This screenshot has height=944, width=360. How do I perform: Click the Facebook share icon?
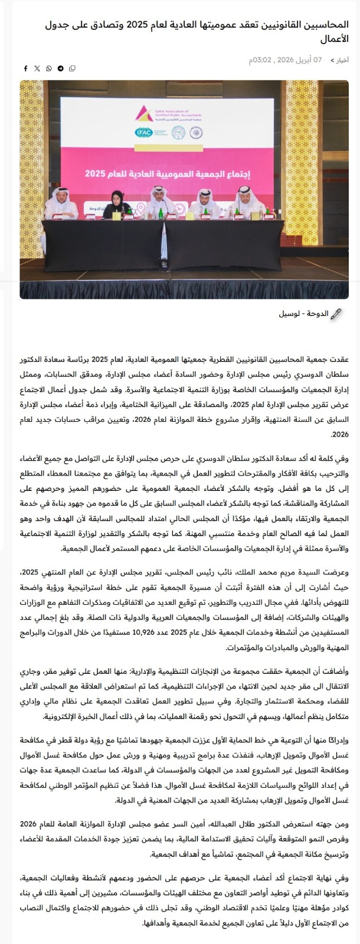25,68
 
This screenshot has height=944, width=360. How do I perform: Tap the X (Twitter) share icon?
37,68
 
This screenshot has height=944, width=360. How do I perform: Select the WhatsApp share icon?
49,68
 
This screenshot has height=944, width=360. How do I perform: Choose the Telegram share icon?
60,68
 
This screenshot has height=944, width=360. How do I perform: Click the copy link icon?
72,68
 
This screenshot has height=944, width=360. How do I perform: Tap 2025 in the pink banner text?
95,174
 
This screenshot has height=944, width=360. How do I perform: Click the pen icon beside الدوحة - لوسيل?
337,314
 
